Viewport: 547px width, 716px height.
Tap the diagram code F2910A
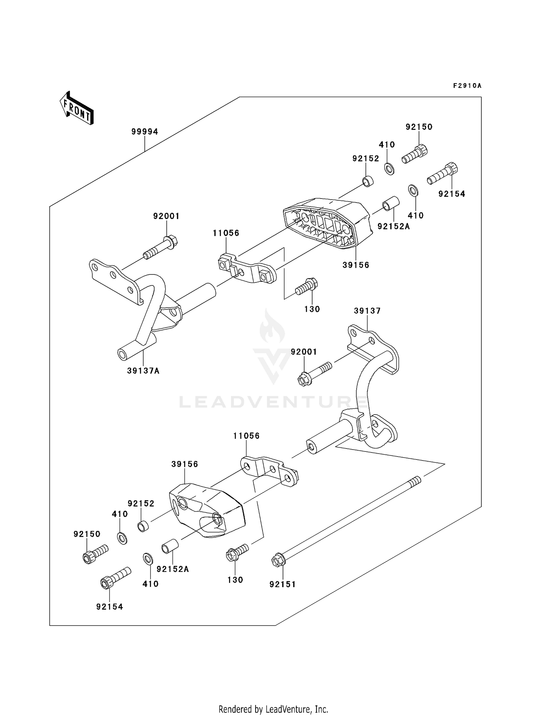(467, 86)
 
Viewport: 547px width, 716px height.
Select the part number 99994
(145, 132)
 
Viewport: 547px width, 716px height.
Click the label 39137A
(143, 371)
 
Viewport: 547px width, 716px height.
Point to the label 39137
(367, 311)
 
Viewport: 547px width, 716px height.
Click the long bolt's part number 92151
(283, 584)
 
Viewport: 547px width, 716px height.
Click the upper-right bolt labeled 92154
(442, 174)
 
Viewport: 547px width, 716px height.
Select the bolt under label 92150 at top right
(415, 155)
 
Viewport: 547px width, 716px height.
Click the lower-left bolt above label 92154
(115, 578)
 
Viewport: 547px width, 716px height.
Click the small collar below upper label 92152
(368, 181)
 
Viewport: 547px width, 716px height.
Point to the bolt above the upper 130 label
(306, 286)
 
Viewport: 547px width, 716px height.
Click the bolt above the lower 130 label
(237, 553)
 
